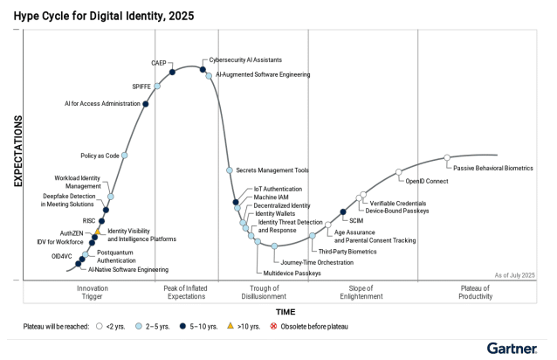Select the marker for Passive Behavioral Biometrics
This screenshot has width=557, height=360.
point(447,158)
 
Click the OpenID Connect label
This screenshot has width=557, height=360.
point(427,182)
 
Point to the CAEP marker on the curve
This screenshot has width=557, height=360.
point(172,73)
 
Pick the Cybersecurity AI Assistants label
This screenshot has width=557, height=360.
point(245,60)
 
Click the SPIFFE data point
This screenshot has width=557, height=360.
point(158,87)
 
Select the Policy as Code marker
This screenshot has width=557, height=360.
point(124,156)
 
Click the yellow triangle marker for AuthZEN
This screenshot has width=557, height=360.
point(98,232)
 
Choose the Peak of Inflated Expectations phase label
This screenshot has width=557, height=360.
point(184,292)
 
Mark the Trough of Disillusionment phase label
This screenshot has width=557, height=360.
point(263,292)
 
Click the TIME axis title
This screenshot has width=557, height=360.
point(285,311)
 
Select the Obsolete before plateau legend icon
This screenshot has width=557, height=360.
point(273,327)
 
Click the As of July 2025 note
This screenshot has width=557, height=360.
point(514,275)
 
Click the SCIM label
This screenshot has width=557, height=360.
point(356,221)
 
